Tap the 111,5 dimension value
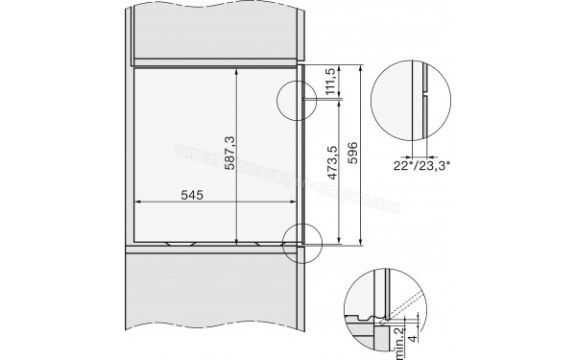click(x=331, y=83)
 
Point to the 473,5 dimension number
click(x=331, y=167)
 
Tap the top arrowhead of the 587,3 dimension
click(x=237, y=71)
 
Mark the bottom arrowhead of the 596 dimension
click(x=360, y=244)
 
